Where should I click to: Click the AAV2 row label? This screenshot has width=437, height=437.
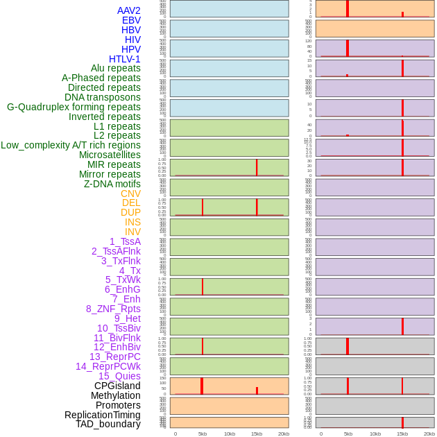pos(129,10)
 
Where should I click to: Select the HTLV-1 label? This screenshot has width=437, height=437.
pos(125,59)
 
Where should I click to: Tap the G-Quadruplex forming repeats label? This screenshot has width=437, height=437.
pos(74,107)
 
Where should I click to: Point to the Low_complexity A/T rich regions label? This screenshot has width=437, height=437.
pos(71,145)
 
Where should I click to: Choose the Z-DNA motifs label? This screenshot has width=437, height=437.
pos(112,184)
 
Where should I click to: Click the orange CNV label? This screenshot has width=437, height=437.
pos(130,194)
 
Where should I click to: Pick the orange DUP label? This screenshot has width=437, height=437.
pos(130,212)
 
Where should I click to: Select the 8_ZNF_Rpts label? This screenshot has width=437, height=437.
pos(113,309)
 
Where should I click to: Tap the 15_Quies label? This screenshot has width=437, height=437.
pos(119,376)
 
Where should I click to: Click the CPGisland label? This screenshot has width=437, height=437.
pos(117,386)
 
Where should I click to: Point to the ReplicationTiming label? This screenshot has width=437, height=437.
pos(103,415)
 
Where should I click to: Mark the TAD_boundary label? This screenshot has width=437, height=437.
pos(108,424)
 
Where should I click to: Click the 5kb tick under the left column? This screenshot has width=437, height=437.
pos(203,434)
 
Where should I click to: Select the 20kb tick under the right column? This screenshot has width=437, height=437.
pos(429,434)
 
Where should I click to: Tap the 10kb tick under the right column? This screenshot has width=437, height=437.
pos(375,434)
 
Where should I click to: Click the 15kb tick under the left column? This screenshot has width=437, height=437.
pos(257,434)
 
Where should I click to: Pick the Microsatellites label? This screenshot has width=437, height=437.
pos(110,155)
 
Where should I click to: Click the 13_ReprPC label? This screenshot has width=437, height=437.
pos(114,357)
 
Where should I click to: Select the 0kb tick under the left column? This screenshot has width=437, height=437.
pos(175,434)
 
